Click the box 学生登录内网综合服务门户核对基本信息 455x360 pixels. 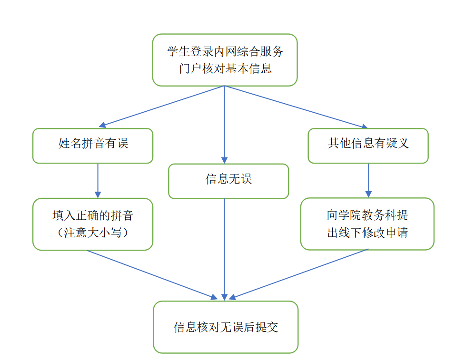click(x=225, y=60)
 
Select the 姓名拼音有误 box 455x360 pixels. click(x=93, y=146)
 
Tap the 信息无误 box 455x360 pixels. click(x=228, y=181)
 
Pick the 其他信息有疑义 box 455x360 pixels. click(x=368, y=146)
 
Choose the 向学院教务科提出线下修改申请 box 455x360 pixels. click(x=367, y=224)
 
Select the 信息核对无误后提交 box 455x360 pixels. click(x=226, y=327)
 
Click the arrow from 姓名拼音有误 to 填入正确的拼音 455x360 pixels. click(x=98, y=180)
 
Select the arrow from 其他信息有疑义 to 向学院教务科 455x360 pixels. click(x=368, y=180)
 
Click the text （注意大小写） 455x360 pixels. click(x=93, y=233)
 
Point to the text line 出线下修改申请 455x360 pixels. click(x=367, y=233)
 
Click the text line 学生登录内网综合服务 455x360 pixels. click(x=225, y=51)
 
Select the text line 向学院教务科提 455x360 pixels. click(x=367, y=215)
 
